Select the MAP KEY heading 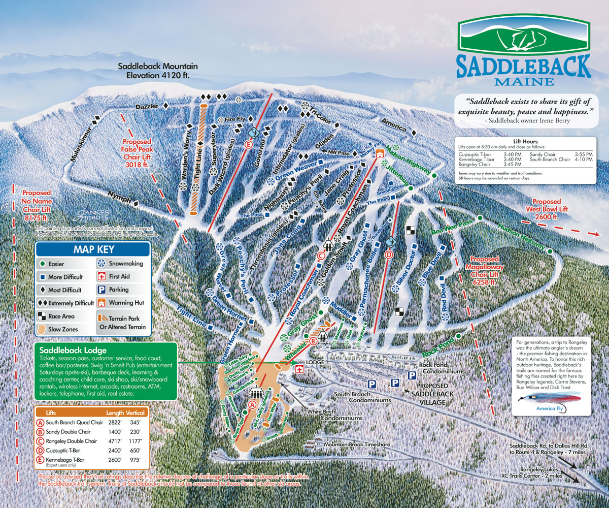(94, 249)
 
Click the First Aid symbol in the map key (101, 277)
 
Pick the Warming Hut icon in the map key (101, 303)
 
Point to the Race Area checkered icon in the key (42, 316)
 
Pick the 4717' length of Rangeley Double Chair (115, 441)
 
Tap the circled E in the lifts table (40, 460)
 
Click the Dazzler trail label (148, 107)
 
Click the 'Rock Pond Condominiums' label (442, 368)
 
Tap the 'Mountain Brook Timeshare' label (357, 444)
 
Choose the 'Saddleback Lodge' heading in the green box (72, 351)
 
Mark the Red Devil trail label (444, 300)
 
